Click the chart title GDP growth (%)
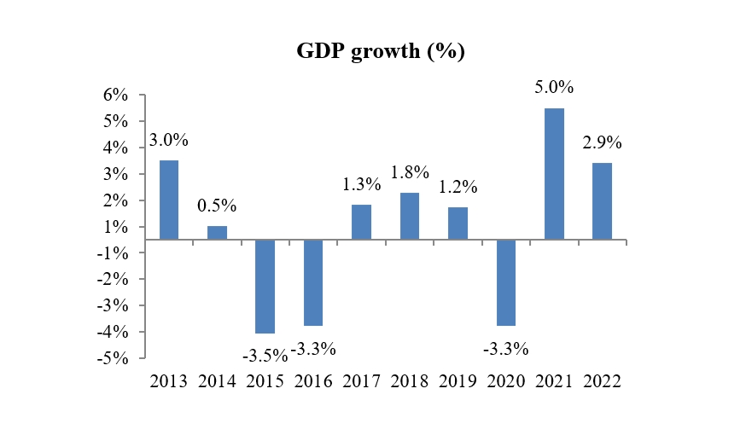(380, 51)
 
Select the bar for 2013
(168, 200)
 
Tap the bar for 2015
(265, 286)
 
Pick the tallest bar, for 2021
(554, 174)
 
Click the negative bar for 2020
(505, 282)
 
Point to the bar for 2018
(409, 216)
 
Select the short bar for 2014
(217, 233)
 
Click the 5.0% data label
(554, 87)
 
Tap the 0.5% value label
(217, 206)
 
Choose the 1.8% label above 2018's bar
(409, 172)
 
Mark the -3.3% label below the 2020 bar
(505, 349)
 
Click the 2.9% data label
(602, 142)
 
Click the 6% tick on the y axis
(116, 96)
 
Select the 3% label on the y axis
(116, 174)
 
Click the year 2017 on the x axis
(361, 380)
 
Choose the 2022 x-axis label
(602, 380)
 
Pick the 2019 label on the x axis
(458, 380)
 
